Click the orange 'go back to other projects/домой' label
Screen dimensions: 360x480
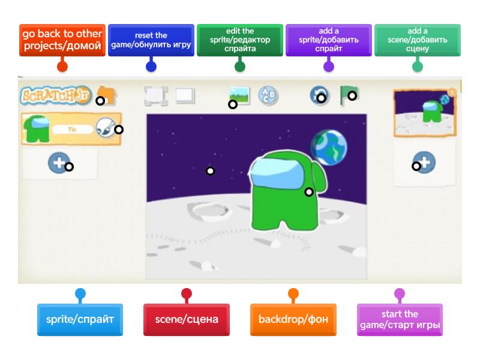pos(62,40)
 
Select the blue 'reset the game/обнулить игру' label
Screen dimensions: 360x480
pos(151,40)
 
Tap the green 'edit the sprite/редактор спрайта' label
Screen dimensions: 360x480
pos(239,40)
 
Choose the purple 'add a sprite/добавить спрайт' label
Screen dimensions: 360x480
pos(328,40)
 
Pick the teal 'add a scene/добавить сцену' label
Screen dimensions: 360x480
pos(417,40)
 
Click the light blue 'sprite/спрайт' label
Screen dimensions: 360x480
pos(80,319)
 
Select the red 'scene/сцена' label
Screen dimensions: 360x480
pos(187,319)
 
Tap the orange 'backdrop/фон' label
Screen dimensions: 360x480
pos(293,319)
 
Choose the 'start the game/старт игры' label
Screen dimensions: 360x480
pos(400,319)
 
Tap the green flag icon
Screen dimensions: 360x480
pos(349,95)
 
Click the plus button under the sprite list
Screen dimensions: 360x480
pos(58,163)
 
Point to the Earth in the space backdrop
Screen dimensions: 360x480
pos(328,146)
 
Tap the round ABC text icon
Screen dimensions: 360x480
pos(268,95)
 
